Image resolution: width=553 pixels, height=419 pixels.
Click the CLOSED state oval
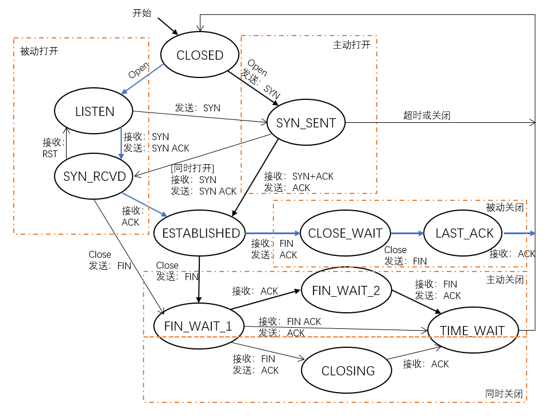(x=200, y=55)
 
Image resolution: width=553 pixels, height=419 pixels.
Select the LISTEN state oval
(x=95, y=111)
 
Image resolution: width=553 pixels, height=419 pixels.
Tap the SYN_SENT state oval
(x=305, y=122)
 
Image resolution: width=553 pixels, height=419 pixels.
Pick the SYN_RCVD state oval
(x=94, y=176)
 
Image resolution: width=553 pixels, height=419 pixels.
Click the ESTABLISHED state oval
(x=200, y=233)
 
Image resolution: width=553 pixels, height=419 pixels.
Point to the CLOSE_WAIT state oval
(x=345, y=233)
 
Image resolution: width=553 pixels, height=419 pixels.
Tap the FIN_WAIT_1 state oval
(x=198, y=325)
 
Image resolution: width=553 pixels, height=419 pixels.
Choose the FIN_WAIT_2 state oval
(x=346, y=290)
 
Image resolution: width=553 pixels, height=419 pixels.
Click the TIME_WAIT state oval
(x=472, y=330)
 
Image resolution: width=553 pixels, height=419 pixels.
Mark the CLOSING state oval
(x=348, y=371)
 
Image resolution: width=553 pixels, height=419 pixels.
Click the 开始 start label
(x=142, y=13)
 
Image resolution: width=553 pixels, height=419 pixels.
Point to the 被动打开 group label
(x=39, y=51)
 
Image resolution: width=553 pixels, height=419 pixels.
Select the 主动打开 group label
(x=351, y=44)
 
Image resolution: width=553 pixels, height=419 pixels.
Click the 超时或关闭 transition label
(x=427, y=115)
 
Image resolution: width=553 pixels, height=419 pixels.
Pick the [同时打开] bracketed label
(x=192, y=168)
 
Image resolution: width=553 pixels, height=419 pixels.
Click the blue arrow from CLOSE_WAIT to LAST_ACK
(x=407, y=233)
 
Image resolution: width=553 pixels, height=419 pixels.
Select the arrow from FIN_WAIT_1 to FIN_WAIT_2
(x=266, y=300)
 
